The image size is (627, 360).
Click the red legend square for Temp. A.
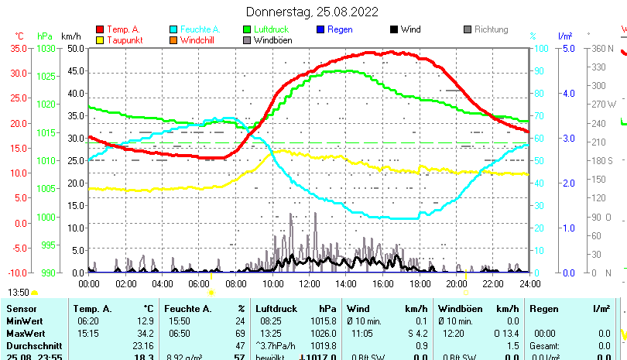coord(100,29)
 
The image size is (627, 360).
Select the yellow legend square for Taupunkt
coord(100,40)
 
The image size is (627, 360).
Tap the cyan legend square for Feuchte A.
coord(173,29)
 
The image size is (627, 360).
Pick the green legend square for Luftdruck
coord(247,29)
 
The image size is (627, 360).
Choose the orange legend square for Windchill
coord(173,40)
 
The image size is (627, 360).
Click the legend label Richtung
coord(491,29)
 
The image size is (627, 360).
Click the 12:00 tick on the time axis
coord(309,283)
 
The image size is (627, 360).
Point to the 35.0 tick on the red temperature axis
coord(19,48)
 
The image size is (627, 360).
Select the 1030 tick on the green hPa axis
coord(46,48)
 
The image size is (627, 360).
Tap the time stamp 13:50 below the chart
coord(19,293)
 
